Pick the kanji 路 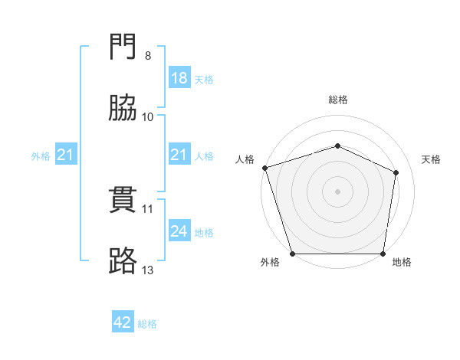click(123, 260)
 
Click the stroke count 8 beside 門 click(147, 56)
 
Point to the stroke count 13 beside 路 click(148, 270)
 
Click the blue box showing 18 click(179, 78)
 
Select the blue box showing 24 click(179, 231)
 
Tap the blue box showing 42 click(123, 323)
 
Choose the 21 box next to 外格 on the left click(67, 155)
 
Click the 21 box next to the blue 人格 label click(179, 155)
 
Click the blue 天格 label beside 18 click(204, 79)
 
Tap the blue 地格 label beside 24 click(204, 232)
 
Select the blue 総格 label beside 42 click(147, 324)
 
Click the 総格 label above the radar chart click(338, 100)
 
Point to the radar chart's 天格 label click(432, 159)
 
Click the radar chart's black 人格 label click(245, 159)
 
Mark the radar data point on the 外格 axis click(292, 254)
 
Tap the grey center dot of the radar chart click(338, 191)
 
